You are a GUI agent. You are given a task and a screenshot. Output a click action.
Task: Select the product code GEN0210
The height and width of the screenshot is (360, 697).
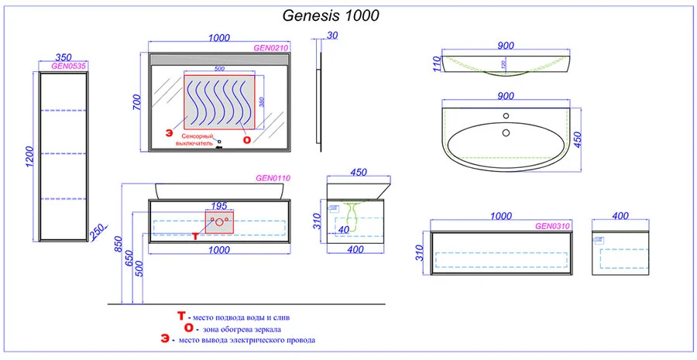[272, 47]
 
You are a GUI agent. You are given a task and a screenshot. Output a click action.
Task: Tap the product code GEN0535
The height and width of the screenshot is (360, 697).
[68, 67]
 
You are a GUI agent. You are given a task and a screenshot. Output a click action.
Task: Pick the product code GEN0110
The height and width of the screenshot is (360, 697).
[273, 178]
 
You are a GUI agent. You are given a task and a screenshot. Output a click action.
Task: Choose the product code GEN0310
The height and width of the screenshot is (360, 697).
[553, 227]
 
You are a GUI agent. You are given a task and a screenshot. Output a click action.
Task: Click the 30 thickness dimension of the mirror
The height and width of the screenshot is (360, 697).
[332, 36]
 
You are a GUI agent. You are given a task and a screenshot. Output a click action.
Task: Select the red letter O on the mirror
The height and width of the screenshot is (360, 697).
[247, 140]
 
